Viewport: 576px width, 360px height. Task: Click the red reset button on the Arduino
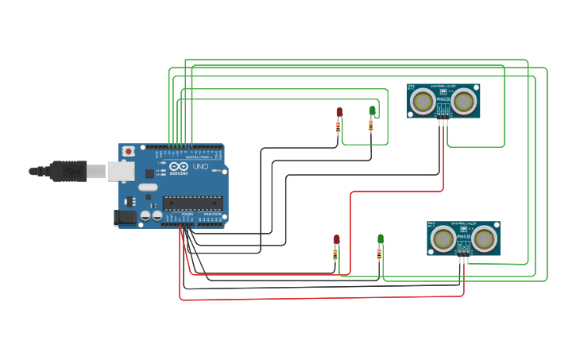[x=129, y=151]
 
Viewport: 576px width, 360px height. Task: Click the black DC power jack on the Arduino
[x=125, y=215]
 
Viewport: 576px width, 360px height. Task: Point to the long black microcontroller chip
[x=192, y=203]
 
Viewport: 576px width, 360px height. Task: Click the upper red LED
[x=339, y=112]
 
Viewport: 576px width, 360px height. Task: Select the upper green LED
[x=372, y=110]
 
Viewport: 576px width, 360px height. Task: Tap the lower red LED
[x=336, y=239]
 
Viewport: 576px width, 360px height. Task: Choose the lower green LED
[x=381, y=238]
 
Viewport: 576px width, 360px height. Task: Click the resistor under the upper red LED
[x=338, y=126]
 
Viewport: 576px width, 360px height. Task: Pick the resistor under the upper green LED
[x=371, y=125]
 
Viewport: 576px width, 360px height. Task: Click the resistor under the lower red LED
[x=335, y=254]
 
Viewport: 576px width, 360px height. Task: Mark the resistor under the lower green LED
[x=380, y=254]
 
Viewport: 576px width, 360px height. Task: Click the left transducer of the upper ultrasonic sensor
[x=423, y=101]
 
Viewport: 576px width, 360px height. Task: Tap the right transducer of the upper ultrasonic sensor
[x=465, y=101]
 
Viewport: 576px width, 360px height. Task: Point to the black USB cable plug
[x=68, y=170]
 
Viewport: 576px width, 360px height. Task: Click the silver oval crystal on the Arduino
[x=148, y=188]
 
